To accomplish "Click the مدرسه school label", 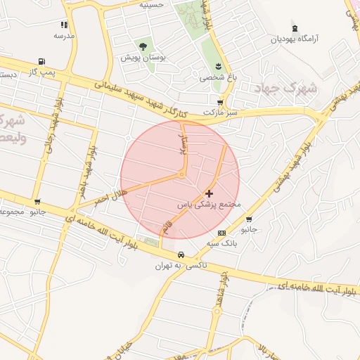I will tap(63, 34).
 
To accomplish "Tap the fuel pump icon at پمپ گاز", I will tap(42, 61).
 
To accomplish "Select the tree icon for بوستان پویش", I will tap(143, 46).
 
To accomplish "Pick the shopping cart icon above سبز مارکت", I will tap(220, 102).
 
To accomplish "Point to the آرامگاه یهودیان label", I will tap(295, 39).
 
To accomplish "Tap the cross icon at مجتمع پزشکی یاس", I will tap(209, 193).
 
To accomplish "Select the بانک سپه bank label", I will tap(222, 243).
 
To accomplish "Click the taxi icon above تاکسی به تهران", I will tap(181, 255).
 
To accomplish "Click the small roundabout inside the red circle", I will tap(182, 174).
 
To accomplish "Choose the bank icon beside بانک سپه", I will tap(222, 233).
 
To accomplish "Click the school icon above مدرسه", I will tap(64, 24).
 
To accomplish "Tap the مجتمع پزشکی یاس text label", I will tap(208, 205).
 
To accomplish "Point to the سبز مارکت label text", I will tap(217, 112).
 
